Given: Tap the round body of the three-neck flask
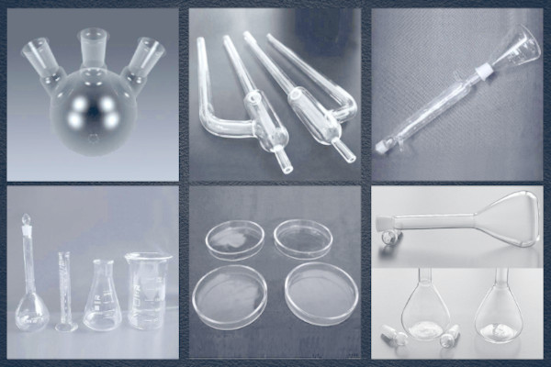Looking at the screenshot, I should point(93,110).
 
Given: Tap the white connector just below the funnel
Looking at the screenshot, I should point(481,69).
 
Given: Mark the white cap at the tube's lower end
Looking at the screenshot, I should point(381,145).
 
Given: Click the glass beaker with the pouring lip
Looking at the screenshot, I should point(147,292).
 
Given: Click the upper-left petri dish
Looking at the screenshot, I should point(234,239).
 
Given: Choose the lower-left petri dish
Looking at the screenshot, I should point(230,296).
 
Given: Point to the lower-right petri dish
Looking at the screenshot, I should point(320,295).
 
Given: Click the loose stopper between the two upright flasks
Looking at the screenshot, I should point(449,338).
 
